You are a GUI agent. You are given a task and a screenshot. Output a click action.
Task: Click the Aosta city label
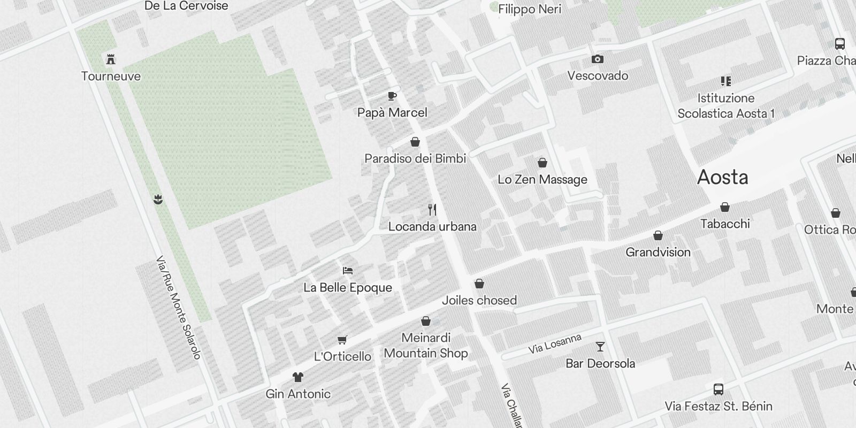[722, 177]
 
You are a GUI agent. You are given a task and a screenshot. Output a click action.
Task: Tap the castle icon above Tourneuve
[111, 59]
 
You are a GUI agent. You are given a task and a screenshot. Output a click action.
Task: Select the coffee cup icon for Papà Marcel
[392, 96]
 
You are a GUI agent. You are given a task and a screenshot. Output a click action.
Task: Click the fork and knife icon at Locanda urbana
[432, 210]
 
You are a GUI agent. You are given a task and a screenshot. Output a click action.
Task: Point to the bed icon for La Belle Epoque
[348, 271]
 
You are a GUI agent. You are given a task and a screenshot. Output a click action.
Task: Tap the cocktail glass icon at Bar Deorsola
[600, 347]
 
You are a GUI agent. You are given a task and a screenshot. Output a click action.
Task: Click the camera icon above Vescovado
[598, 59]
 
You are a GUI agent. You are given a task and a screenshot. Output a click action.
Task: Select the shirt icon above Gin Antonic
[298, 377]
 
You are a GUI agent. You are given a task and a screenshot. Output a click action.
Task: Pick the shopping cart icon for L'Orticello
[342, 340]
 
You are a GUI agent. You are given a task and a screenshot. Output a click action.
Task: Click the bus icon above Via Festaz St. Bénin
[719, 389]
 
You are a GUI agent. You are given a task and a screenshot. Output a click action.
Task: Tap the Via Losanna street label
[555, 344]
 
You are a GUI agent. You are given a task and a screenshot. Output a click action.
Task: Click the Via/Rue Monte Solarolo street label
[178, 308]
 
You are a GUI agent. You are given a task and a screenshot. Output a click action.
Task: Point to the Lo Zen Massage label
[542, 179]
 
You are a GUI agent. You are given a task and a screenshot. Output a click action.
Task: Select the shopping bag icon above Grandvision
[658, 235]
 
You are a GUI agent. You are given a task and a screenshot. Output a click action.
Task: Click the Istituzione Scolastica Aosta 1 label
[726, 105]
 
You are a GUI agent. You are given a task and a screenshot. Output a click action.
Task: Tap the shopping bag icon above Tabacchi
[725, 207]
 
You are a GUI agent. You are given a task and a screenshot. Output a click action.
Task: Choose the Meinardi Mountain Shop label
[426, 345]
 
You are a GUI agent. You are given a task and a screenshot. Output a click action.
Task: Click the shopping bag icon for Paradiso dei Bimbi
[415, 142]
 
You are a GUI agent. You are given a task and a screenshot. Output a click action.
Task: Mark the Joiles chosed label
[479, 300]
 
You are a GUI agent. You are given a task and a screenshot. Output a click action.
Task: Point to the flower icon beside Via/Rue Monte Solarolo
[158, 200]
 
